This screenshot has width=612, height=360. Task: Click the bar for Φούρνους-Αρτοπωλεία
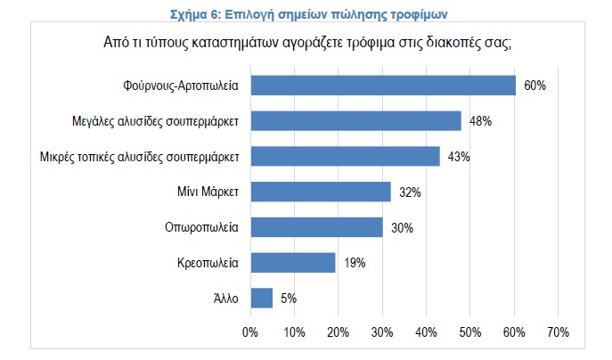[x=383, y=86]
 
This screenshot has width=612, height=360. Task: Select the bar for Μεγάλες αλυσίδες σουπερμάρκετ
[x=356, y=120]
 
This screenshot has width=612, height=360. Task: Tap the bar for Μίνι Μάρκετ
[x=321, y=192]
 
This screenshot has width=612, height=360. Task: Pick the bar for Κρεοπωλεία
[x=293, y=262]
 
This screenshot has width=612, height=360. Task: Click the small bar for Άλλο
[x=262, y=298]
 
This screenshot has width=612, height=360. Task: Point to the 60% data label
[x=534, y=86]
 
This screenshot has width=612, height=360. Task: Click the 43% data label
[x=459, y=156]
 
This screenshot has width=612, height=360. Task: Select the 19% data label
[x=354, y=262]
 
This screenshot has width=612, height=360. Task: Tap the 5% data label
[x=288, y=298]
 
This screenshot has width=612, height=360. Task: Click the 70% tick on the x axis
[x=558, y=333]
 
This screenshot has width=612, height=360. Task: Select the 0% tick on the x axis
[x=250, y=333]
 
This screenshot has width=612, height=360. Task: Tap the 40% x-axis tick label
[x=426, y=333]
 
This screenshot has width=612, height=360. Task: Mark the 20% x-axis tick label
[x=339, y=333]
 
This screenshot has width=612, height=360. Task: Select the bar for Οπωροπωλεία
[x=316, y=227]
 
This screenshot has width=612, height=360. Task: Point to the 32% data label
[x=410, y=192]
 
